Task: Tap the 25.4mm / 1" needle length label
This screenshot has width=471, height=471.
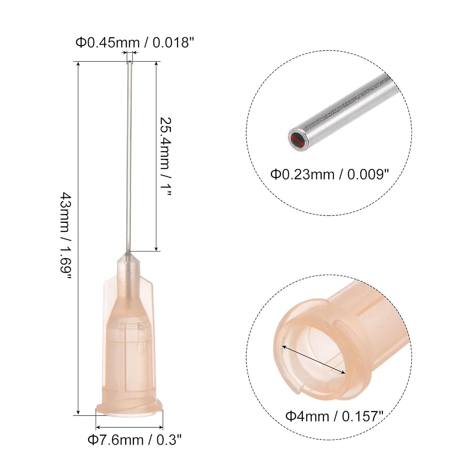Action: (x=165, y=156)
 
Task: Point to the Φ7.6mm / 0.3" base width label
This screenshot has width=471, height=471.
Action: (x=135, y=440)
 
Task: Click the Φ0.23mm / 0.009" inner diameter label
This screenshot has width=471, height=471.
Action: (x=330, y=174)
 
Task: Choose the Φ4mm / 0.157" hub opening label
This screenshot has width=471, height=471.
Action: (x=334, y=416)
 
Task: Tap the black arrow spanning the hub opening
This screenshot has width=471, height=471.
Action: (x=313, y=360)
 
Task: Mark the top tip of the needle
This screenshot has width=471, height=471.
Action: (x=130, y=62)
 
